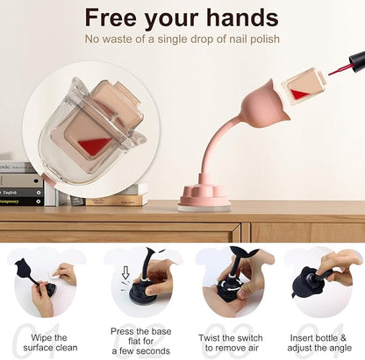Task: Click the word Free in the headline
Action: tap(111, 18)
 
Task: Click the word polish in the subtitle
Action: tap(265, 39)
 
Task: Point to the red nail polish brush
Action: tap(339, 70)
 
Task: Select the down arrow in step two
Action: tap(125, 272)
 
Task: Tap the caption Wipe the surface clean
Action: tap(50, 342)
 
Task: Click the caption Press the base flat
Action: tap(141, 341)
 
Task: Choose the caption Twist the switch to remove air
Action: tap(231, 342)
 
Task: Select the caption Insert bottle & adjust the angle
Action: tap(319, 342)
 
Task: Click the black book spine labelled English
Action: tap(21, 193)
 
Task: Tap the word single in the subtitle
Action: tap(172, 39)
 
